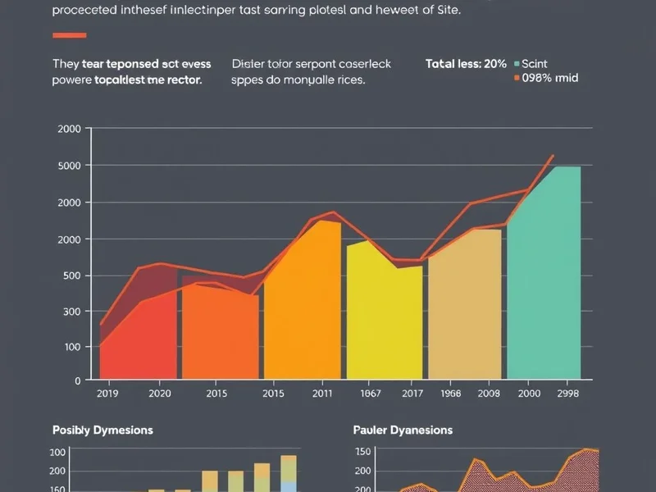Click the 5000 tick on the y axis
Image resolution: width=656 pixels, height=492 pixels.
(70, 166)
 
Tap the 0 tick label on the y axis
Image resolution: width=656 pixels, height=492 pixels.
(77, 380)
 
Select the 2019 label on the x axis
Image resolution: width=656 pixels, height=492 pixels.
(108, 394)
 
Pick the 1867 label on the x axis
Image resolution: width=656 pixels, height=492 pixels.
(371, 394)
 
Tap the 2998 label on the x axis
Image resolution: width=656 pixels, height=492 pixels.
(567, 394)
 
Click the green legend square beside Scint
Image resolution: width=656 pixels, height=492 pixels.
(517, 64)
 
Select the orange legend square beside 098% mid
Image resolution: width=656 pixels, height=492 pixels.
(517, 79)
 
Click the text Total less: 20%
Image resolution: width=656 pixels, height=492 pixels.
(466, 64)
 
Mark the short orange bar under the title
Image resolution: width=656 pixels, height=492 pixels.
(69, 35)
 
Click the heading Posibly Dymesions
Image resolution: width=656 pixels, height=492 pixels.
(102, 430)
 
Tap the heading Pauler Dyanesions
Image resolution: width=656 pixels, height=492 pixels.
(403, 430)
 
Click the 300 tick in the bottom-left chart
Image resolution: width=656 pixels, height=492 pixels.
(57, 452)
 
